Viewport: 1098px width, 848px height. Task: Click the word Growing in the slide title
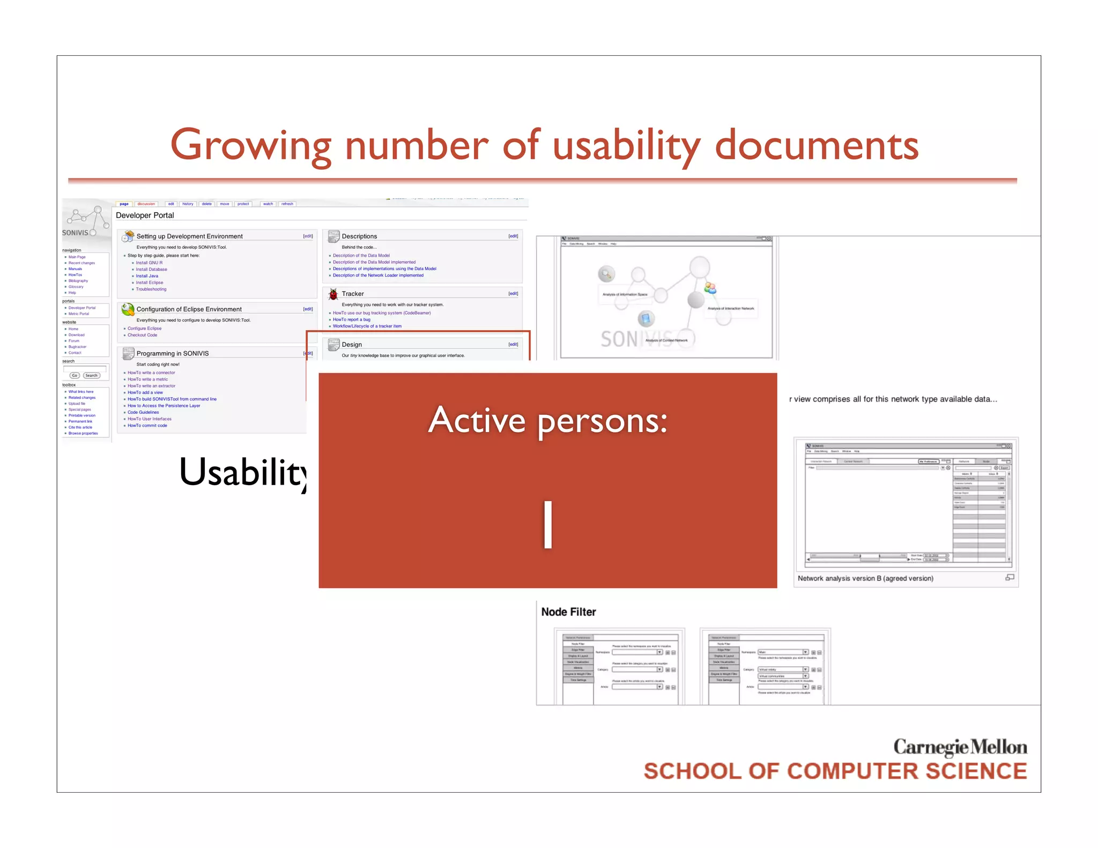click(250, 146)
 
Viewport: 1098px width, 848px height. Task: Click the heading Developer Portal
click(145, 215)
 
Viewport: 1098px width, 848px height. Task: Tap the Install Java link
click(147, 276)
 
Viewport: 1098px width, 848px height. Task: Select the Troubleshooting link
click(151, 289)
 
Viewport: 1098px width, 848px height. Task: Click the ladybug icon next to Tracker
click(333, 294)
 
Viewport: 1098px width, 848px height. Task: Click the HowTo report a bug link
click(351, 319)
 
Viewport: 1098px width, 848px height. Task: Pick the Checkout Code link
click(142, 335)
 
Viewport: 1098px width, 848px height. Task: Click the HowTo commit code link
click(147, 426)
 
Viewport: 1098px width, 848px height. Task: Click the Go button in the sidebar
click(75, 376)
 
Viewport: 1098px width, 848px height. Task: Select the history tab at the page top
click(188, 204)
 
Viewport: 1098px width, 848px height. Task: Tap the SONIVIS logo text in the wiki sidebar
click(75, 233)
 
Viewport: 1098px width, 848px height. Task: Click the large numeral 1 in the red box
click(547, 525)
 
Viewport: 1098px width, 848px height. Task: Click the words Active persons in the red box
click(547, 420)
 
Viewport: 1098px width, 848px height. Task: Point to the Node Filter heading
click(568, 612)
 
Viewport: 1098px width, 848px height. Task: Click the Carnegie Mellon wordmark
click(960, 747)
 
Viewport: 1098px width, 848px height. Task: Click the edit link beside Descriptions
click(513, 236)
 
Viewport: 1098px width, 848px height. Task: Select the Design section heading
click(352, 345)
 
